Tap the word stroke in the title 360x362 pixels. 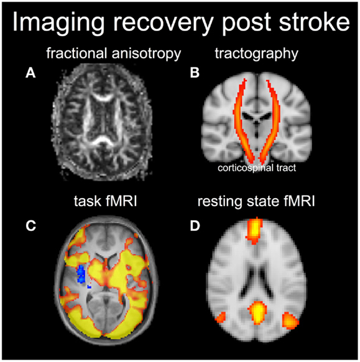point(314,22)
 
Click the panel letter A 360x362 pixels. point(30,73)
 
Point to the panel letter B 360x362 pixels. point(195,73)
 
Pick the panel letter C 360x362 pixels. point(30,225)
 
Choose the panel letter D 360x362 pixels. point(195,226)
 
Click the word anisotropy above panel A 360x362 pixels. point(146,54)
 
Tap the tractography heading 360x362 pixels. point(256,54)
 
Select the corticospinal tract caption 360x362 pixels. point(257,168)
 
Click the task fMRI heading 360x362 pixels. point(106,201)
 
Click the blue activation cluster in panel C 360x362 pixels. point(81,274)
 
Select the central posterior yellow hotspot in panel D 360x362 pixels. point(257,313)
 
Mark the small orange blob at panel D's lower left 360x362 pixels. point(221,318)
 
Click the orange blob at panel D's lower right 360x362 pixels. point(290,320)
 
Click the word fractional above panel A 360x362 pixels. point(78,53)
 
